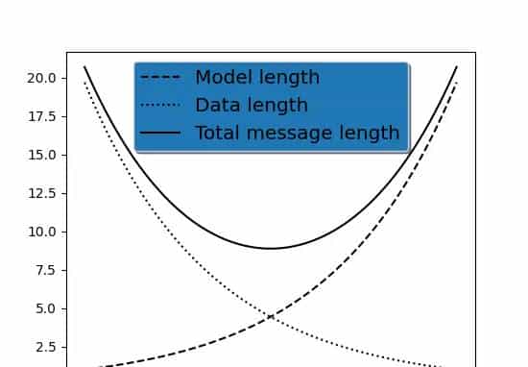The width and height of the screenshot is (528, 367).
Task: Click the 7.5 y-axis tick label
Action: (44, 270)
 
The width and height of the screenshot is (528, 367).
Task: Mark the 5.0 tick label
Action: (44, 308)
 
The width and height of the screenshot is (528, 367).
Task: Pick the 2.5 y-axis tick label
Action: (44, 347)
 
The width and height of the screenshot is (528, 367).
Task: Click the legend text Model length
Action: (257, 78)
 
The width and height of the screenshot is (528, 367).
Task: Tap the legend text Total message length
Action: (297, 133)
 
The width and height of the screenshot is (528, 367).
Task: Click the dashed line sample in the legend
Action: (159, 78)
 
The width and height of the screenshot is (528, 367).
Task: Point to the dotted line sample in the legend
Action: (159, 106)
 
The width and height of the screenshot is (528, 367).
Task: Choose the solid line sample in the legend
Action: (159, 134)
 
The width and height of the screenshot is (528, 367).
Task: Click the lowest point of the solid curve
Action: (271, 249)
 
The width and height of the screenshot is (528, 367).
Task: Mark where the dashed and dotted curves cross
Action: (271, 315)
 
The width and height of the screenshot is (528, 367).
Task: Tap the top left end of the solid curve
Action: (84, 67)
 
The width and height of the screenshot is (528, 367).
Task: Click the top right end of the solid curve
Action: (457, 67)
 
